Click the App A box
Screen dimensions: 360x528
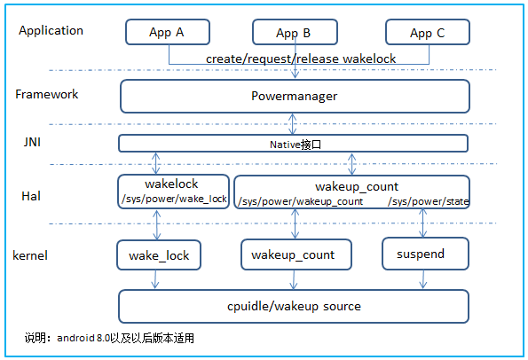point(167,33)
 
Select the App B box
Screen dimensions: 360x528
point(294,33)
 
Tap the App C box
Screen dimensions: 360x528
point(427,33)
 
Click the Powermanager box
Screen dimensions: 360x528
point(294,96)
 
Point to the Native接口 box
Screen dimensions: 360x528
point(294,143)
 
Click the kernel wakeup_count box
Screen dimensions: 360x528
point(294,255)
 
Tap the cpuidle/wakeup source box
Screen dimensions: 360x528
point(294,306)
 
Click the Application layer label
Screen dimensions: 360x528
point(51,30)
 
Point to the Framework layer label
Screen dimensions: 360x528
point(47,94)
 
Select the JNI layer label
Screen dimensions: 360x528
point(31,142)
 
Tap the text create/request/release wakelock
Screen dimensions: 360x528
point(301,58)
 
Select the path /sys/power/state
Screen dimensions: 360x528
point(428,202)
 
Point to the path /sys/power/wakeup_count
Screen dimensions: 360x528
point(300,202)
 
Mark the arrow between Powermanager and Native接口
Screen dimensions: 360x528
point(294,123)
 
